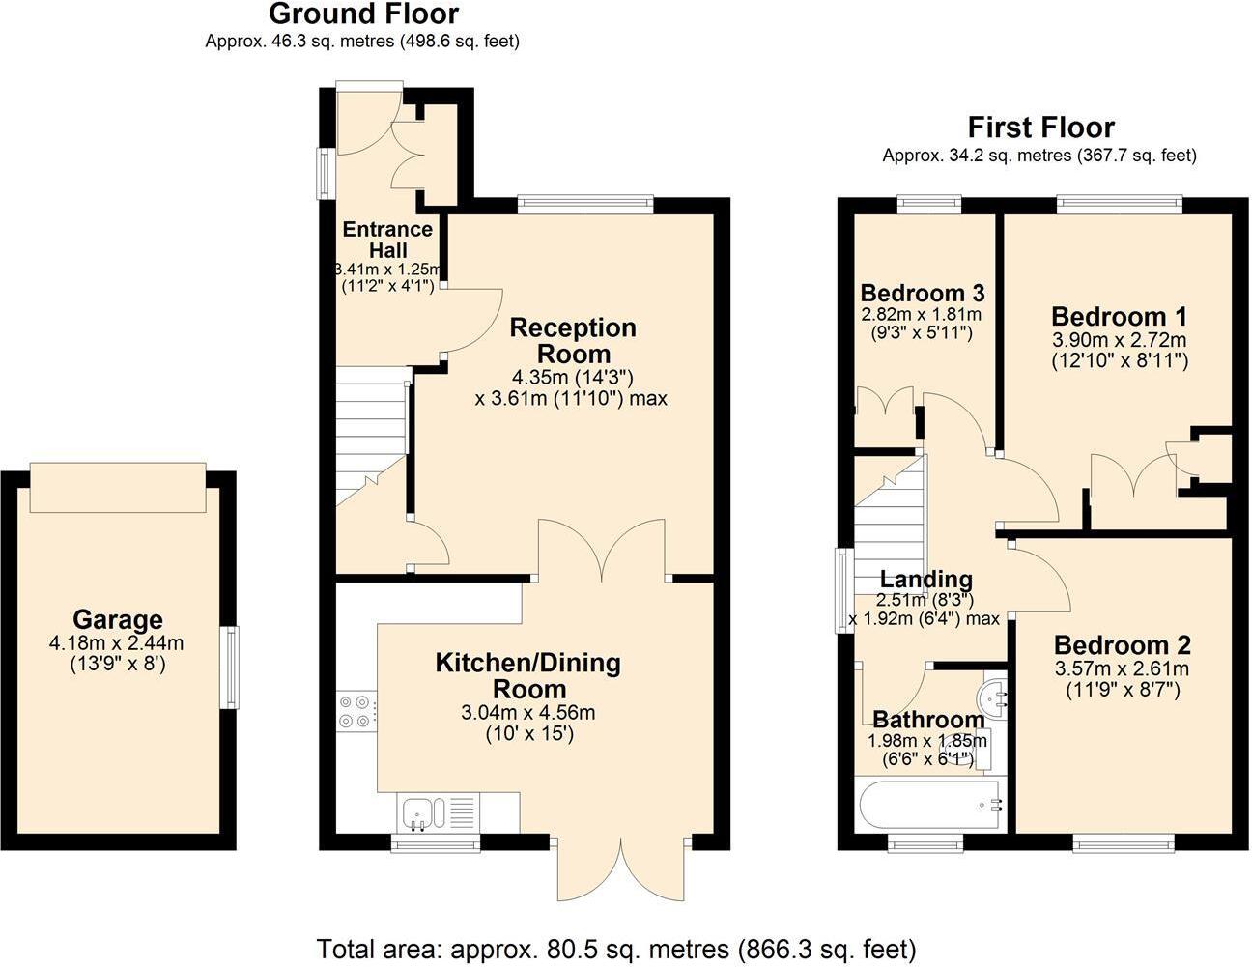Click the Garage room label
click(x=119, y=619)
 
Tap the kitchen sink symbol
click(x=421, y=812)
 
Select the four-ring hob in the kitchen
click(x=354, y=711)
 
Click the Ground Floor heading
click(x=363, y=14)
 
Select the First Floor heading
click(x=1040, y=128)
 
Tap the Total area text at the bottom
click(x=616, y=948)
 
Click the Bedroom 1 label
click(x=1119, y=317)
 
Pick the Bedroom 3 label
click(x=922, y=293)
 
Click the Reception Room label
click(x=573, y=340)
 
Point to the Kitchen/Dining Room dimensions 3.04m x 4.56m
click(x=528, y=713)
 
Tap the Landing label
click(x=925, y=579)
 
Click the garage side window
click(x=231, y=667)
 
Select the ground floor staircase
click(x=369, y=435)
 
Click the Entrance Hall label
click(x=387, y=239)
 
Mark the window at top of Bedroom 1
click(x=1119, y=204)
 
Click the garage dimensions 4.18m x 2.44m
click(x=117, y=642)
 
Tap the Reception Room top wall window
click(x=585, y=204)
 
